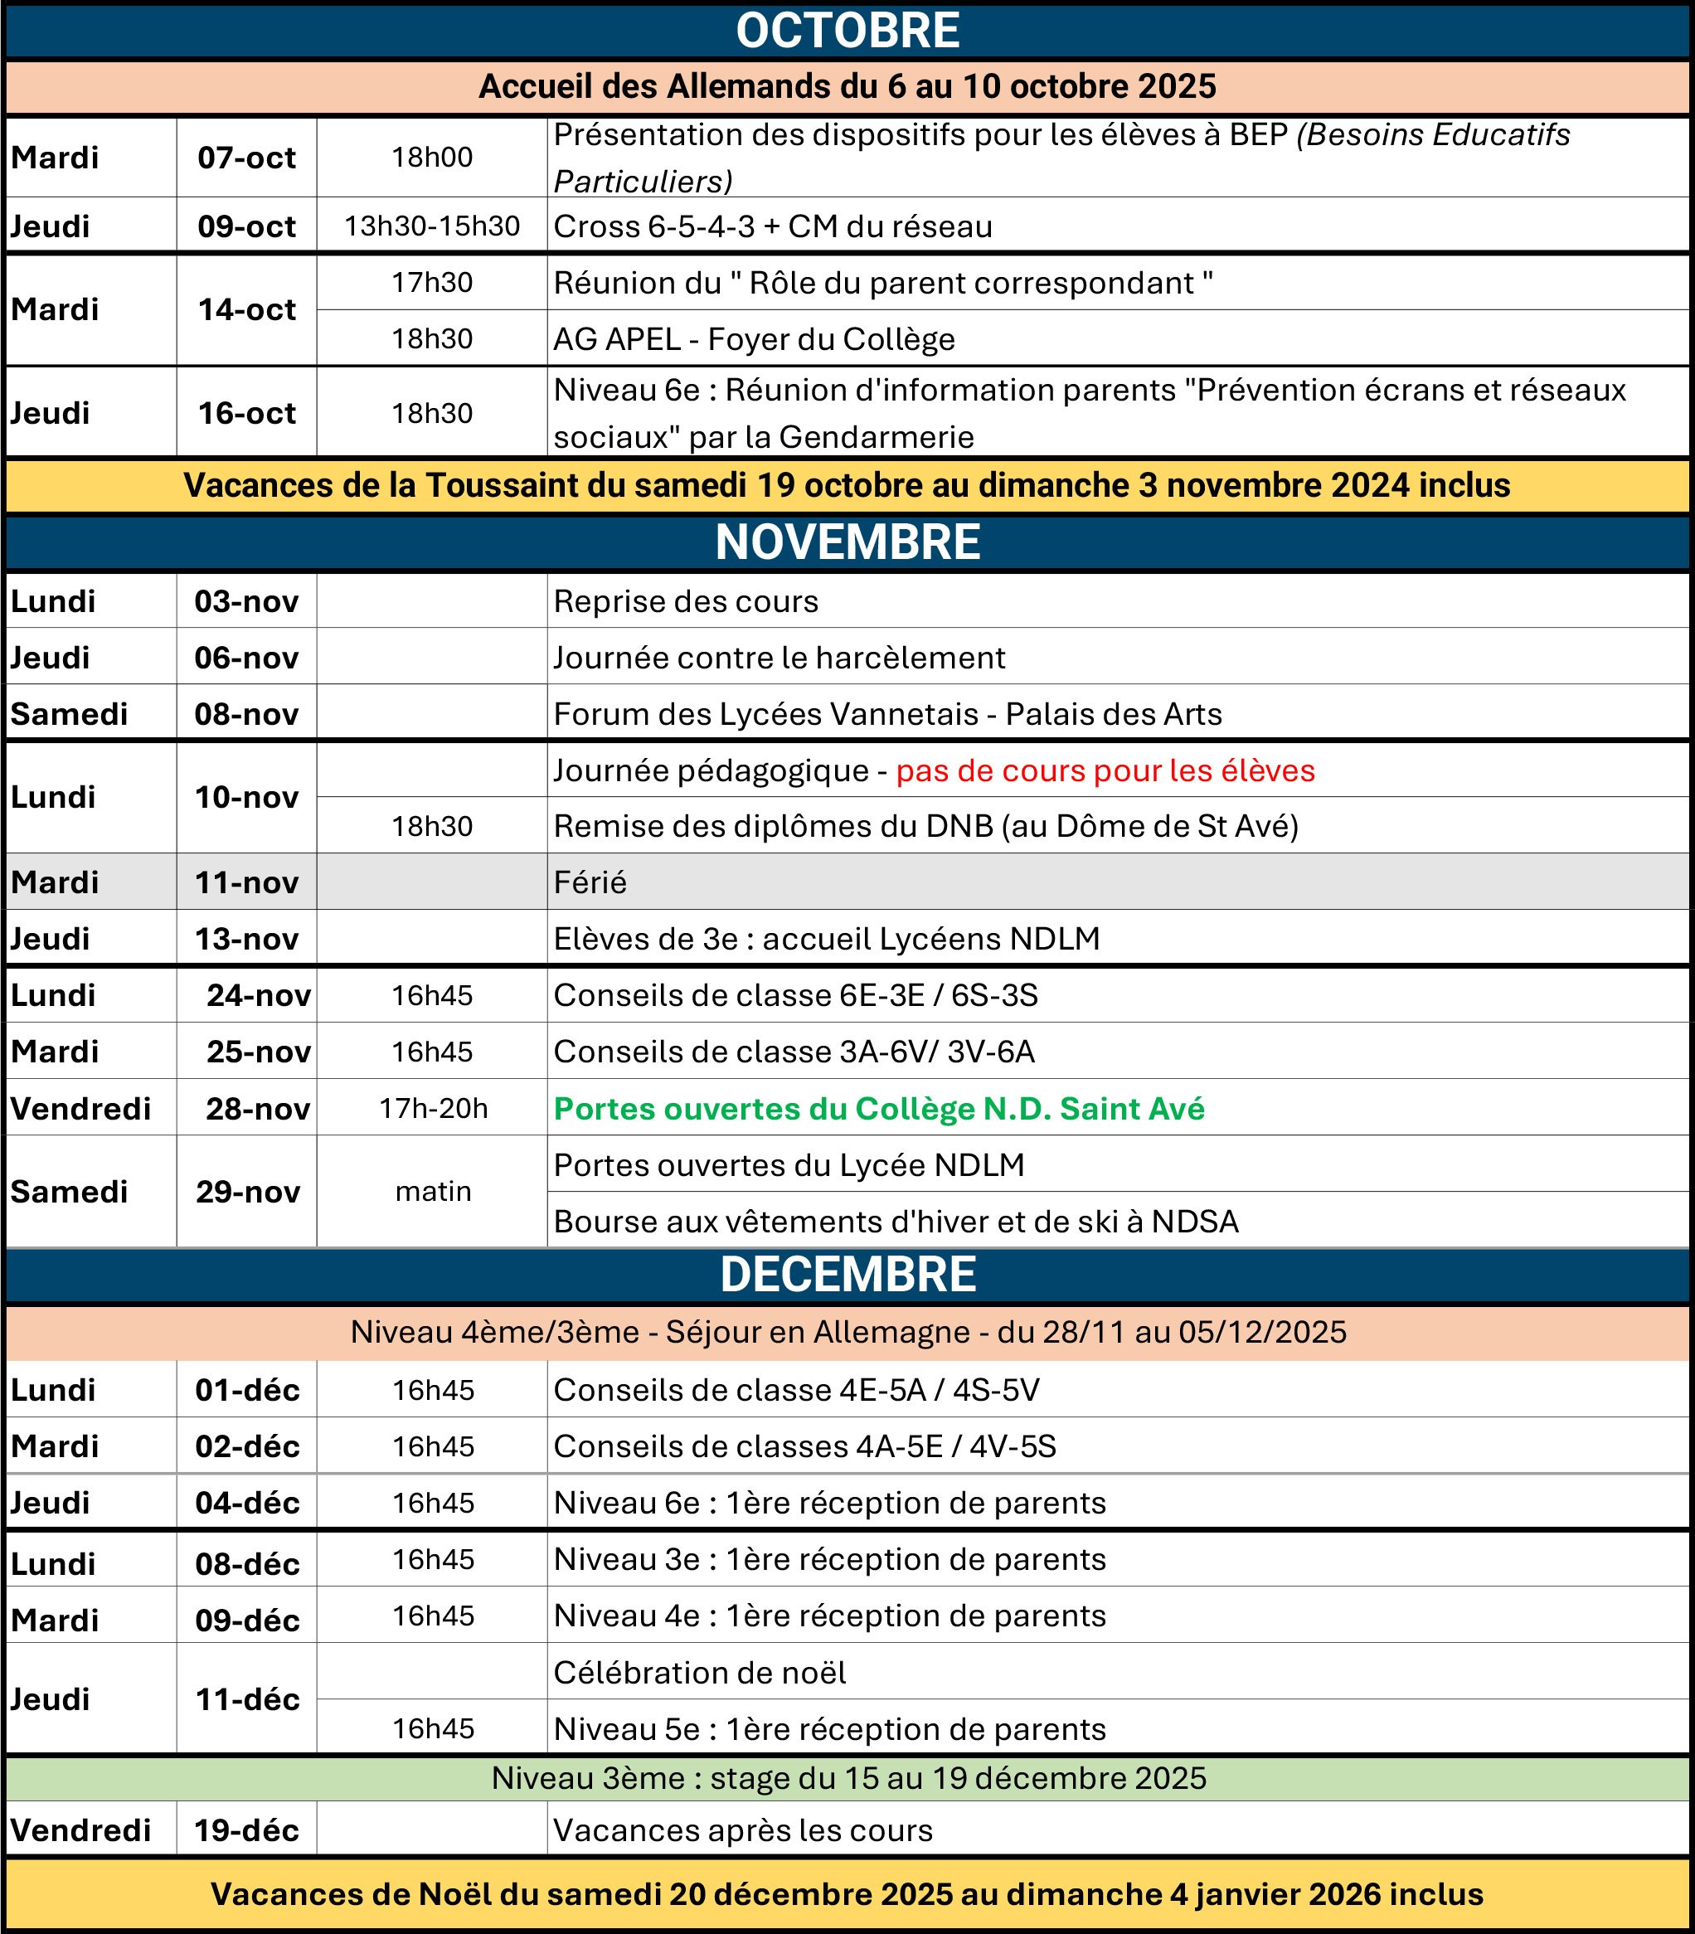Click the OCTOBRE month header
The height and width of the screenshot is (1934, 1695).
[x=847, y=32]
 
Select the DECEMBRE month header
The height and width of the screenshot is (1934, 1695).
[x=847, y=1274]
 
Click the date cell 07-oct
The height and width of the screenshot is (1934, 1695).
[x=246, y=157]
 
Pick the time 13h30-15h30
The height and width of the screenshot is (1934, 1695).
[x=431, y=226]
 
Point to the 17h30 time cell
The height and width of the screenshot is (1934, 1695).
[x=431, y=283]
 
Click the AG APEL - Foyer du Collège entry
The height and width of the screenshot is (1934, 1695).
[x=754, y=338]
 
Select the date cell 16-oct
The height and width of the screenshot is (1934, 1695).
[x=246, y=413]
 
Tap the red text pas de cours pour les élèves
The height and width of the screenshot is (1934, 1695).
[x=1105, y=770]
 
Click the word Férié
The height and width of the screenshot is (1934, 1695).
[x=590, y=882]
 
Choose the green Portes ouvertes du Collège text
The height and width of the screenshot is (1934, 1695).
[x=879, y=1108]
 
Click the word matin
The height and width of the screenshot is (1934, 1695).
[x=433, y=1192]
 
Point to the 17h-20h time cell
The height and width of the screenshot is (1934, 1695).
[x=433, y=1108]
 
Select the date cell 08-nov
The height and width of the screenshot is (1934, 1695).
[x=246, y=714]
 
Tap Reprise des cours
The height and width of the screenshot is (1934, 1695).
[x=686, y=601]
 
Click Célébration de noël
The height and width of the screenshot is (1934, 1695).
[x=700, y=1673]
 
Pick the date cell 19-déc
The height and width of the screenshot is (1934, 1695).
[x=246, y=1831]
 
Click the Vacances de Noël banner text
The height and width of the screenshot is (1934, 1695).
[x=847, y=1894]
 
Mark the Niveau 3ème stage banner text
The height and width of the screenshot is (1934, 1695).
[x=848, y=1778]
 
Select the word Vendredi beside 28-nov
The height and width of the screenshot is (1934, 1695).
[x=80, y=1108]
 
